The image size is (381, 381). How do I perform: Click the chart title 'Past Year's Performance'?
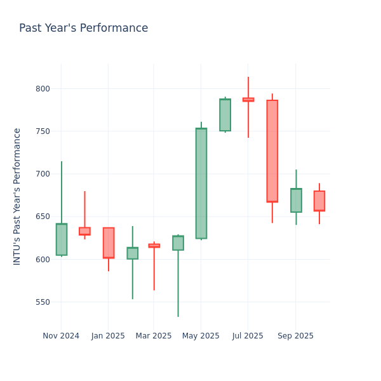tap(83, 29)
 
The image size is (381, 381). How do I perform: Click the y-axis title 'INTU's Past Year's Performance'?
tap(17, 196)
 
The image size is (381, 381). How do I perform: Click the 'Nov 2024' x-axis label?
tap(61, 336)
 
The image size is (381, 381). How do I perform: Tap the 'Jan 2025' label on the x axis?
tap(108, 336)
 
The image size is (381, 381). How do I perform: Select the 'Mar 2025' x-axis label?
tap(153, 336)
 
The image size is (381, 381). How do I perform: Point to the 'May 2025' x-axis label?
tap(201, 336)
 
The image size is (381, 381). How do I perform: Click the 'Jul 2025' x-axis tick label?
tap(248, 336)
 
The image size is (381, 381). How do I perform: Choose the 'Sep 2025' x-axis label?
tap(295, 336)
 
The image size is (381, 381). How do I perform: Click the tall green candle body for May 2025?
tap(201, 184)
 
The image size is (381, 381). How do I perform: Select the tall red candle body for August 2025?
tap(272, 151)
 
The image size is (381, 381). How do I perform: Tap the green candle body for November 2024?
tap(62, 239)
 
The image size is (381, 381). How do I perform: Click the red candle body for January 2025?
tap(109, 243)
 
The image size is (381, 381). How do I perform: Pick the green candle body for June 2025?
tap(225, 115)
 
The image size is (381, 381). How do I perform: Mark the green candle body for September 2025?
tap(296, 200)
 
